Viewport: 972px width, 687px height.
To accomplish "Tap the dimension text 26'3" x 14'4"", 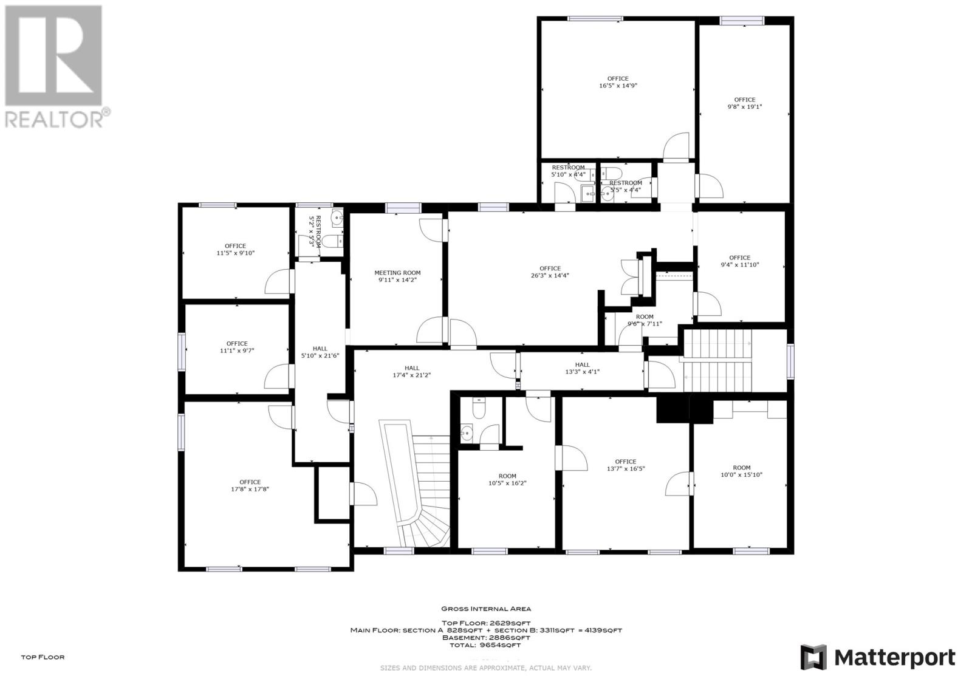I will [x=550, y=275].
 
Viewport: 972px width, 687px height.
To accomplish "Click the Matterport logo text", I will [x=894, y=657].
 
